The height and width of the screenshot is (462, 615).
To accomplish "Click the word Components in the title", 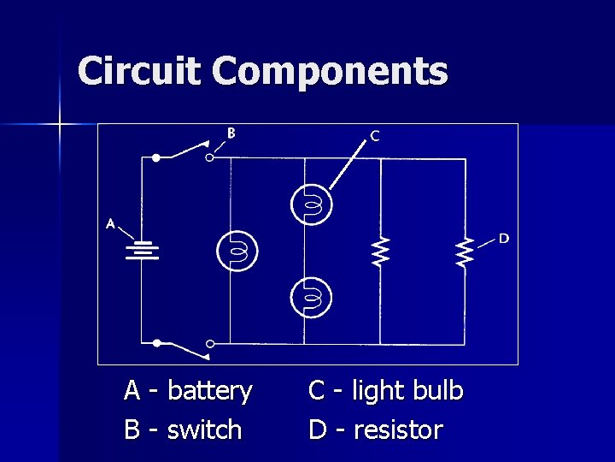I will [330, 72].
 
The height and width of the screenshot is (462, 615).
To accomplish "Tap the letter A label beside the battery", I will [110, 224].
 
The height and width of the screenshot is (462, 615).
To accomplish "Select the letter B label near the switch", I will [231, 133].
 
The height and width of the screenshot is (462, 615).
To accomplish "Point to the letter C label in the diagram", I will [375, 135].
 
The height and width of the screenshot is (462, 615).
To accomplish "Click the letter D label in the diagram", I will [504, 238].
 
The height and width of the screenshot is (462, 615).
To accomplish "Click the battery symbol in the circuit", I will [143, 251].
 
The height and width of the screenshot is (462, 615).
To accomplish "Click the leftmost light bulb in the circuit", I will [237, 251].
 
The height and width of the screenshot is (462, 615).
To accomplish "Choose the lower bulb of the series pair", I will [310, 298].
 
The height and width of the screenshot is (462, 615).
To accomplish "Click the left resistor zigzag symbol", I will [380, 252].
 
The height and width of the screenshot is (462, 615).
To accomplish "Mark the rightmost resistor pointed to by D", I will [464, 252].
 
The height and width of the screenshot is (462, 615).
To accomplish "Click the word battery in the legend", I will [210, 392].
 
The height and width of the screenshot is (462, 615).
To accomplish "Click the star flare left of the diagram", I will [60, 125].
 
